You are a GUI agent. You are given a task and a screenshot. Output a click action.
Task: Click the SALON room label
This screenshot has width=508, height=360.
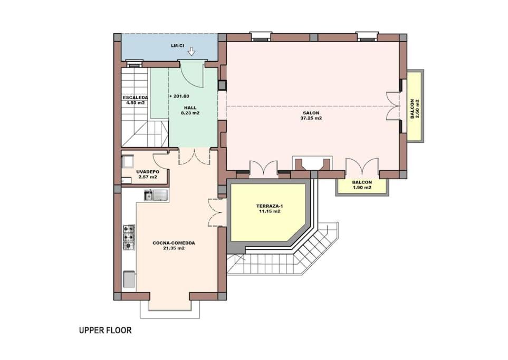311,113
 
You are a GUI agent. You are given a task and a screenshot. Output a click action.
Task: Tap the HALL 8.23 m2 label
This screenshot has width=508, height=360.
190,110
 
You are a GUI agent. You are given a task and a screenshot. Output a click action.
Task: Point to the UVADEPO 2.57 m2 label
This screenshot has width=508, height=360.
147,174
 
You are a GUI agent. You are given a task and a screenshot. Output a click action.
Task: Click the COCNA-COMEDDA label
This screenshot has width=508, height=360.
174,243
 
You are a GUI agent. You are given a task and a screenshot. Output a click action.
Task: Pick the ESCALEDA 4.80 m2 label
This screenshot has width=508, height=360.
136,100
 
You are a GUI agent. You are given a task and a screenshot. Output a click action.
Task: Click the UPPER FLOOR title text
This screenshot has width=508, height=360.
106,330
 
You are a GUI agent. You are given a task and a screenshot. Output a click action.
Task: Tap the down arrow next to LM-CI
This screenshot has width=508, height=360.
192,51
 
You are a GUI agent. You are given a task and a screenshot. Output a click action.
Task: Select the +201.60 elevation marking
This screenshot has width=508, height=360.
179,96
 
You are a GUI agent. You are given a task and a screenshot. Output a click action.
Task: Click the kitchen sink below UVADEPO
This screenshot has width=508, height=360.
156,195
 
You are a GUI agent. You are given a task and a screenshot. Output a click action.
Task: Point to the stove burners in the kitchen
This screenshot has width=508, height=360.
128,237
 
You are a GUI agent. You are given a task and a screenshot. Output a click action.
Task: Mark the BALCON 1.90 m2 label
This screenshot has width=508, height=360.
362,185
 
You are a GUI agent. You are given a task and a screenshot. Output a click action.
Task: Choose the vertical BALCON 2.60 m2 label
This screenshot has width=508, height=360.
415,109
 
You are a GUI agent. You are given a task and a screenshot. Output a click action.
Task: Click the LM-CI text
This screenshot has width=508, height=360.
177,46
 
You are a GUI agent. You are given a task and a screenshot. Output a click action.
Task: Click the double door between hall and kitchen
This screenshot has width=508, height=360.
194,156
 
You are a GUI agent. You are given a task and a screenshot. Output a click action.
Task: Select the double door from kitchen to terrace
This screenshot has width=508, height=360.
215,212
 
